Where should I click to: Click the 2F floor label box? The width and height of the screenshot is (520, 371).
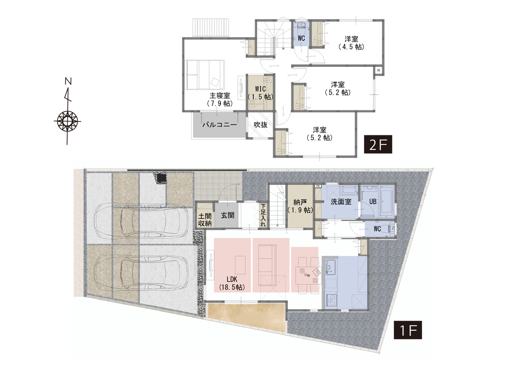coord(378,144)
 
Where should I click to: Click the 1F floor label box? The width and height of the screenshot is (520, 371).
coord(408,330)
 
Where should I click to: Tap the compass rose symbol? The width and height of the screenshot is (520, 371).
coord(68,120)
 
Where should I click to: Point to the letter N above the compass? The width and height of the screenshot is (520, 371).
coord(68,81)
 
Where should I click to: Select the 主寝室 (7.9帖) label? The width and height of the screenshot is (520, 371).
coord(219,99)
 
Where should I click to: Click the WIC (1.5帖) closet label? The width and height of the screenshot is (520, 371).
coord(261,93)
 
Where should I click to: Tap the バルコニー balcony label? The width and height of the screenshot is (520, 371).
coord(219,125)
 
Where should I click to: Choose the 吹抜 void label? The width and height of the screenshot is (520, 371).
coord(261,125)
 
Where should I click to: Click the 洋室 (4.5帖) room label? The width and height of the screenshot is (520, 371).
coord(351,43)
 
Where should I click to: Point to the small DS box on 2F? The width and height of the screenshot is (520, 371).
coord(379,70)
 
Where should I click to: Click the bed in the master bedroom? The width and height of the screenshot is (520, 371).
coord(205,75)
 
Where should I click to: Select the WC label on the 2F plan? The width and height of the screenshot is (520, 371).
coord(301,38)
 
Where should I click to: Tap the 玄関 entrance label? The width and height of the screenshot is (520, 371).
coord(227,216)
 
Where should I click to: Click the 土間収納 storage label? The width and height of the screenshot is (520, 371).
coord(205,220)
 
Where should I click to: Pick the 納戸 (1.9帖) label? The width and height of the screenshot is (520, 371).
coord(300,206)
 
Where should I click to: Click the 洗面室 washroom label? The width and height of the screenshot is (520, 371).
coord(341,202)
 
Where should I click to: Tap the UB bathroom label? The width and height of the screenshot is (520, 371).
coord(373,202)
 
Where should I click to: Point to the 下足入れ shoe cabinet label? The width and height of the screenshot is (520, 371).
coord(263,215)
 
